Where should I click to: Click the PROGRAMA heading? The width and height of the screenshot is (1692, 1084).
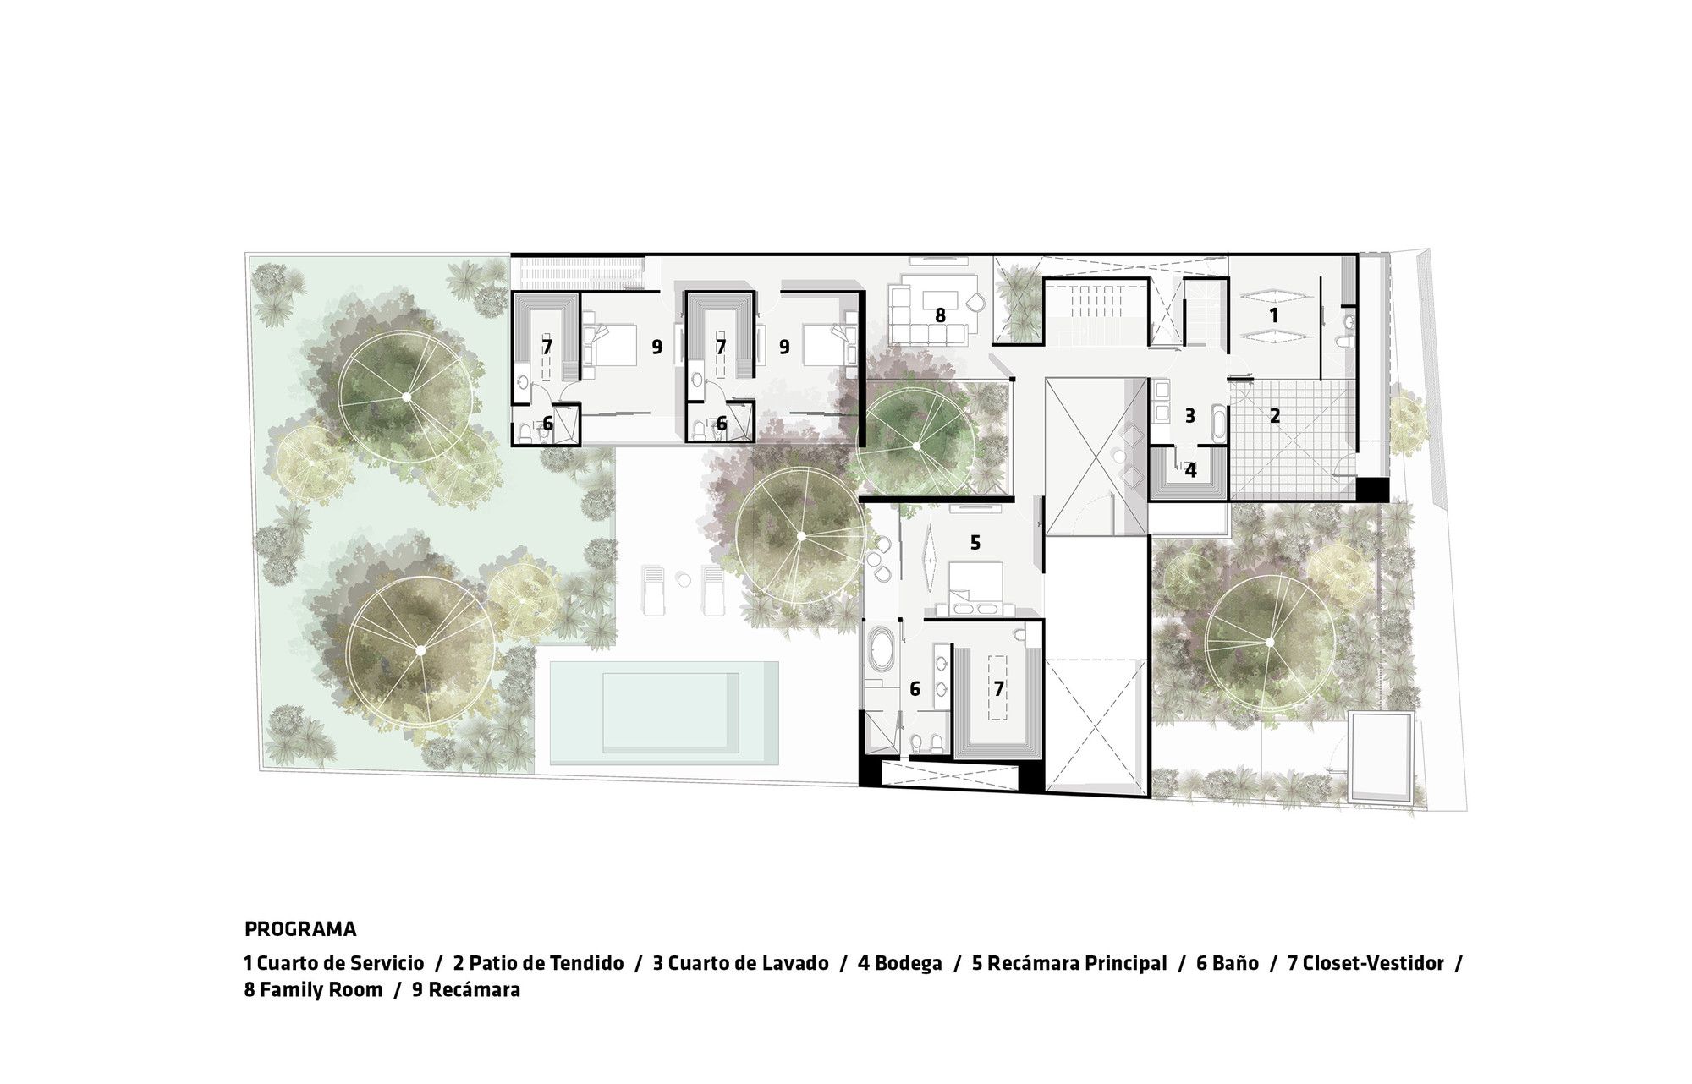pyautogui.click(x=300, y=929)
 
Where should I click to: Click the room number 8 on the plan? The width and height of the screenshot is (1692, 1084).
pyautogui.click(x=939, y=315)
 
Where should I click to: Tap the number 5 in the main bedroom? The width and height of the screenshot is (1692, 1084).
pyautogui.click(x=975, y=542)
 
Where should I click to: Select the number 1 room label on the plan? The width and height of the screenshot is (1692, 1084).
pyautogui.click(x=1273, y=315)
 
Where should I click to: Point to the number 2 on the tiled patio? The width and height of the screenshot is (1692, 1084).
pyautogui.click(x=1275, y=415)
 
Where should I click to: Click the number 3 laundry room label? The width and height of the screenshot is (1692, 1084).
pyautogui.click(x=1189, y=415)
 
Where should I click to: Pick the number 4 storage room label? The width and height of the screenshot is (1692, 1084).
pyautogui.click(x=1190, y=470)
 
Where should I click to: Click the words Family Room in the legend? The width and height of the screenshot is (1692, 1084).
pyautogui.click(x=321, y=989)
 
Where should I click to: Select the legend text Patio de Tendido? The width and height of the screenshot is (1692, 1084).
pyautogui.click(x=546, y=963)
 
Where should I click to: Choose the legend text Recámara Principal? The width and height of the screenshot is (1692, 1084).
pyautogui.click(x=1076, y=963)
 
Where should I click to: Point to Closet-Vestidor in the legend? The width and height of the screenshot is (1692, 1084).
pyautogui.click(x=1373, y=963)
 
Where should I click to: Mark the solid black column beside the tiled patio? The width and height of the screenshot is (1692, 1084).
pyautogui.click(x=1370, y=490)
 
